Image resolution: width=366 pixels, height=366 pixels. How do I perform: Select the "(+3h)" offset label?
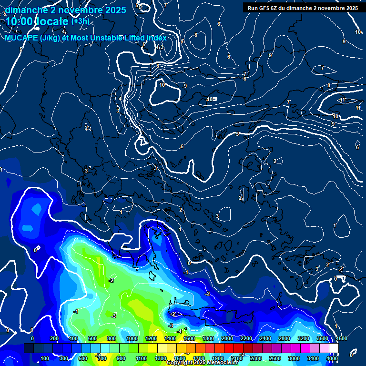[80, 21]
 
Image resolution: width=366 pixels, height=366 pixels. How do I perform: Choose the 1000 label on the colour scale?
[132, 338]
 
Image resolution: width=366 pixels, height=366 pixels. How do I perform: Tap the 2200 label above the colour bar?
[246, 338]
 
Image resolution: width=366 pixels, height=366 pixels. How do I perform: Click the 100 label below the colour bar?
[45, 358]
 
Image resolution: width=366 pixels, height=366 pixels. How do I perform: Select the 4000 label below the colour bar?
[332, 358]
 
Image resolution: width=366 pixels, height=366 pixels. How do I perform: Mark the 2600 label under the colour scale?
[275, 358]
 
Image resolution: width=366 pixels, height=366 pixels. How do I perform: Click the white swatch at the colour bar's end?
[334, 348]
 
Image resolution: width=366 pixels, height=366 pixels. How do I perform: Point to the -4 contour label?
[179, 331]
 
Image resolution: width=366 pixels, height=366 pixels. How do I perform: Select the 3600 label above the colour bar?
[323, 338]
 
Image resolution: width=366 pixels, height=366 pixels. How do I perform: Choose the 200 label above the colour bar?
[54, 338]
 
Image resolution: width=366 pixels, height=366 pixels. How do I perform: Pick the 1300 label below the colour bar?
[161, 358]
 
